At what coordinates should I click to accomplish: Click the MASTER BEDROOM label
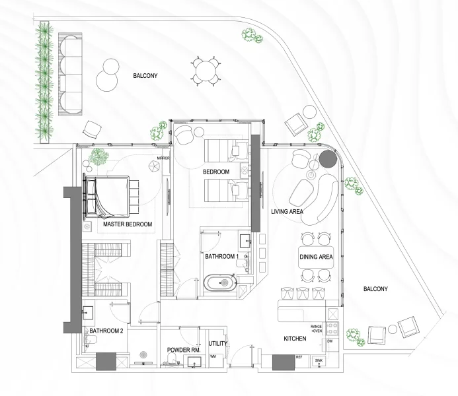128,224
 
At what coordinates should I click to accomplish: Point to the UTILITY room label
217,344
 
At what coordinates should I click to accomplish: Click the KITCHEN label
295,338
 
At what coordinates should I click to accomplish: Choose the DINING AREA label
316,257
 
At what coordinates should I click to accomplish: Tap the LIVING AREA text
287,212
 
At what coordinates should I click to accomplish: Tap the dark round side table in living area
328,160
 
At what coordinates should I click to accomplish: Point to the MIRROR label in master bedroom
163,158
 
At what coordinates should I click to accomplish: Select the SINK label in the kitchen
319,361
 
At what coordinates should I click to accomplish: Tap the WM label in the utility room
213,356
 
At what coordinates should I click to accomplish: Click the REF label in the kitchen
299,357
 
